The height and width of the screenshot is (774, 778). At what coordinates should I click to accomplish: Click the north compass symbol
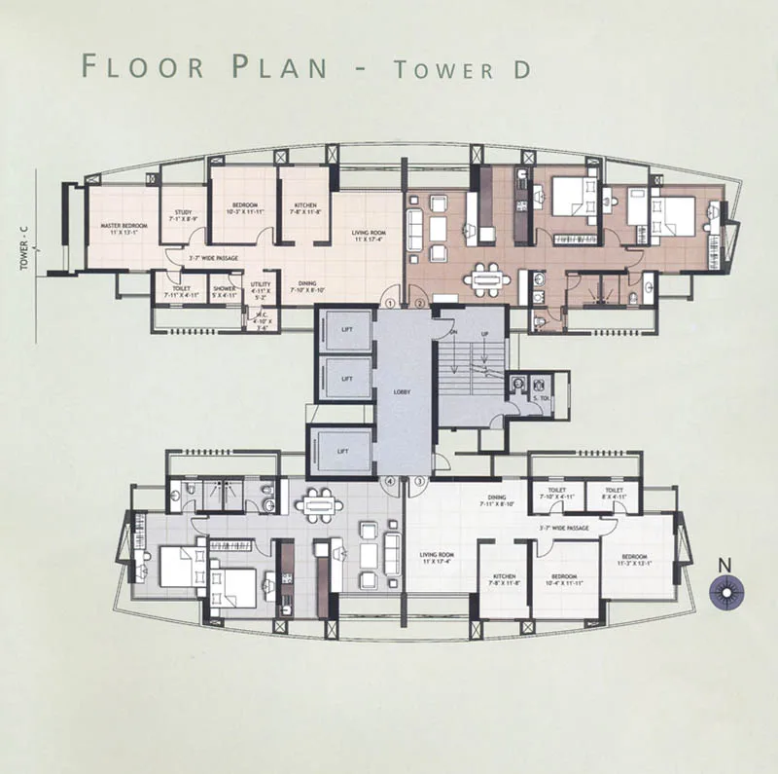pos(725,591)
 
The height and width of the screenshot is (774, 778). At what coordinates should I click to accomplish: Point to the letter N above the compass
pos(724,564)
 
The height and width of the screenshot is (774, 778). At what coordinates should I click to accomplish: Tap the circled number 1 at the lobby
pos(390,303)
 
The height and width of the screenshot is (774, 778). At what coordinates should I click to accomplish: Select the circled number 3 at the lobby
pos(419,481)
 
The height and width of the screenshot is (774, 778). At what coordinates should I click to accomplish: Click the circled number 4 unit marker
pos(390,481)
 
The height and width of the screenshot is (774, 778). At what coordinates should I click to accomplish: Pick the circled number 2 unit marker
pos(419,303)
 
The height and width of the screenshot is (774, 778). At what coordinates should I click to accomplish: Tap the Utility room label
pos(260,288)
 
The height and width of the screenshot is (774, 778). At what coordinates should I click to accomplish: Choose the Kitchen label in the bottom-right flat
pos(504,580)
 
